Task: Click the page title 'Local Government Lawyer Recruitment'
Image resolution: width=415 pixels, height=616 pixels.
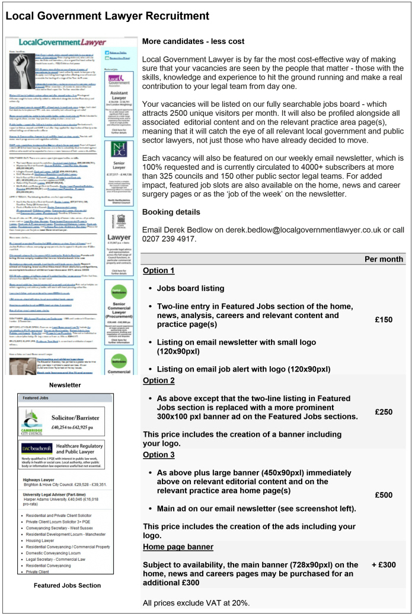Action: (x=107, y=15)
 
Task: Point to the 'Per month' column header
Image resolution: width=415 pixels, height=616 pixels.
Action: (x=384, y=259)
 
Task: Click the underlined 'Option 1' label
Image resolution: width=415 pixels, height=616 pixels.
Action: (x=159, y=271)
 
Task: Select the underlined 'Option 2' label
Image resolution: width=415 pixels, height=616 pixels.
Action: (x=159, y=380)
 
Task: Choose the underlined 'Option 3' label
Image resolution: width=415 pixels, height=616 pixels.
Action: (x=159, y=455)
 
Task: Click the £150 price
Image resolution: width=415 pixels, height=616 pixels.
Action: (x=384, y=319)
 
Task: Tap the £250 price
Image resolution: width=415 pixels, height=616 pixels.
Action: (x=384, y=411)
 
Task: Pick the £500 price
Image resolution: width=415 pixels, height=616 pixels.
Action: (x=384, y=495)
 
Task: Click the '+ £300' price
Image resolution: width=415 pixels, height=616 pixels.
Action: (x=384, y=565)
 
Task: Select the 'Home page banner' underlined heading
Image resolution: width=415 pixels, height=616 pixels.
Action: (x=178, y=546)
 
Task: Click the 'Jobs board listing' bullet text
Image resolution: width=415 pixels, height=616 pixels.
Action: (x=190, y=288)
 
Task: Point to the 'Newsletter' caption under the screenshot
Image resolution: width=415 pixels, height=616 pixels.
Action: (x=65, y=385)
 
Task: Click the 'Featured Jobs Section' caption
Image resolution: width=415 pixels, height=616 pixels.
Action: (x=67, y=585)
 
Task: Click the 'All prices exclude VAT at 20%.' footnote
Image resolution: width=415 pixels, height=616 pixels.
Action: (x=196, y=603)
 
